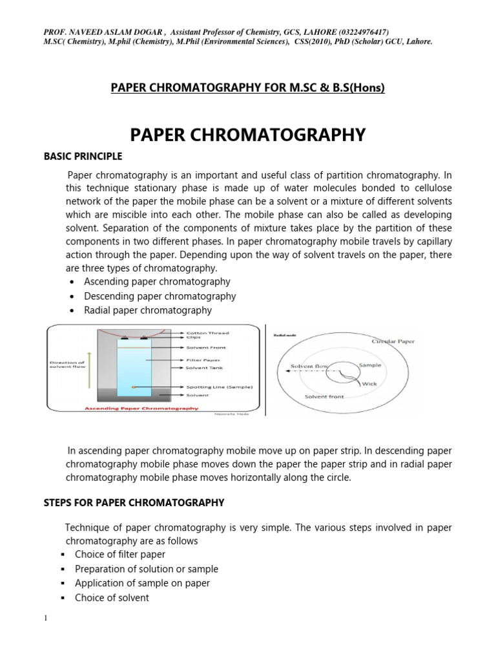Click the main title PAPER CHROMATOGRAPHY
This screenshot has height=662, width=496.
(248, 134)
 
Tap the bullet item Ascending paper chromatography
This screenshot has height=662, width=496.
(157, 282)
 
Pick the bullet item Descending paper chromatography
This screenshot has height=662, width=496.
(160, 296)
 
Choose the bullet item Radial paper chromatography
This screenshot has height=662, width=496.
(148, 310)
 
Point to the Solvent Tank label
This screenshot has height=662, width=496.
(205, 367)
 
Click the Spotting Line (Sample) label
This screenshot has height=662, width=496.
(219, 387)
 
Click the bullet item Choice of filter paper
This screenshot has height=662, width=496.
(120, 554)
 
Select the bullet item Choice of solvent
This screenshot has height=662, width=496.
(112, 597)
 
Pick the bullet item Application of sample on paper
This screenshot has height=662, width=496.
(142, 583)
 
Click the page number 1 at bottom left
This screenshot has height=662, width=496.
(46, 619)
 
